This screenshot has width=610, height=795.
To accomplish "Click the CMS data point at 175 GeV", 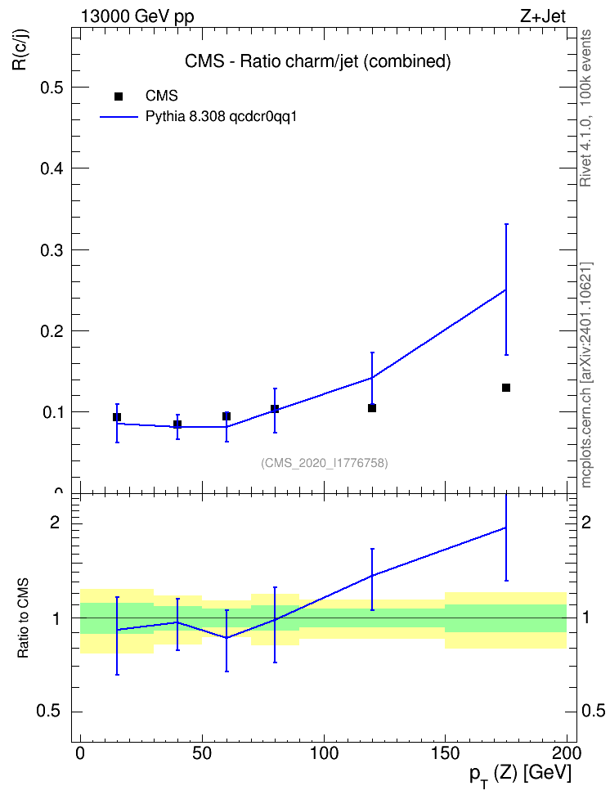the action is point(505,388).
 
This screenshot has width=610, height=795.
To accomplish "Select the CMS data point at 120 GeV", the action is point(372,408).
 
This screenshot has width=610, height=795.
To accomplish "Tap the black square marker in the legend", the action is point(119,97).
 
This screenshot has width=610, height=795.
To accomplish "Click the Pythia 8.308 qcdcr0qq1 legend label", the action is point(221,117).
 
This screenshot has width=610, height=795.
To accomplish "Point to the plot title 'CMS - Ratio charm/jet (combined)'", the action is point(318,61).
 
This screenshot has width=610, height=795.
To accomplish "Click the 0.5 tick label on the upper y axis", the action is point(52,88).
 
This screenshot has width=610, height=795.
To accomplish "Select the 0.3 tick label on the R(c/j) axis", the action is point(52,250).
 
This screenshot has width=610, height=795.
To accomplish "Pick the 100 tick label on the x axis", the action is point(324,753).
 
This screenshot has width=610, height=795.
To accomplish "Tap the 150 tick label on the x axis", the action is point(445,753).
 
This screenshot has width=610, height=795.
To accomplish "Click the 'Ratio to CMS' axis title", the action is point(23,618).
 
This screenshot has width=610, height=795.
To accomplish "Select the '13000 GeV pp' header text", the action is point(137,17).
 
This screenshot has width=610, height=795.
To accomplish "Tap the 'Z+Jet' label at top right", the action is point(543,16).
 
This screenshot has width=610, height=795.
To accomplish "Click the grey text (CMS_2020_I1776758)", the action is point(325,463).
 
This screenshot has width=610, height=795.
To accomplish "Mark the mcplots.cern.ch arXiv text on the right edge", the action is point(586,375).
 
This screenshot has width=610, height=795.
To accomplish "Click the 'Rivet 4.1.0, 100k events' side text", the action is point(585,108).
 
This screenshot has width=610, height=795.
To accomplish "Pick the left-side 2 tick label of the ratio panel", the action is point(55,522).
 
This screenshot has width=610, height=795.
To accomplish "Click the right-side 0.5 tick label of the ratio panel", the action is point(594,711).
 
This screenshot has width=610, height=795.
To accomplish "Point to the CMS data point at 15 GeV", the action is point(117,417).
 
